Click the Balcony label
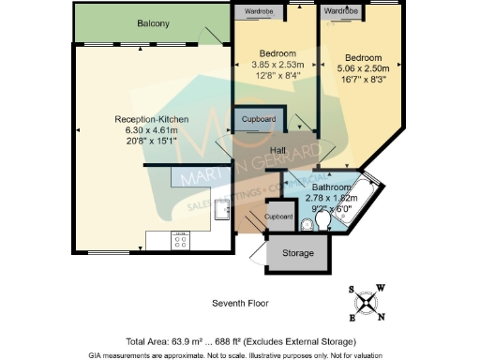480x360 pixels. (x=152, y=22)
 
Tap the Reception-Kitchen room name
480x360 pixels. (x=153, y=119)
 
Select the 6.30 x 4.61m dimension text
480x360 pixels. (x=153, y=129)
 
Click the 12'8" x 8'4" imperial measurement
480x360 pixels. (x=276, y=76)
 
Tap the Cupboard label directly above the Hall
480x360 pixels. (x=259, y=120)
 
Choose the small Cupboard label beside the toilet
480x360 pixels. (x=277, y=217)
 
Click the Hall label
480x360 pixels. (x=277, y=151)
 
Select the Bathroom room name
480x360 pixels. (x=331, y=187)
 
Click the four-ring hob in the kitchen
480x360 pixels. (x=181, y=241)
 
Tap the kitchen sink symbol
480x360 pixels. (x=222, y=208)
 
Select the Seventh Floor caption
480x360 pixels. (x=240, y=305)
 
